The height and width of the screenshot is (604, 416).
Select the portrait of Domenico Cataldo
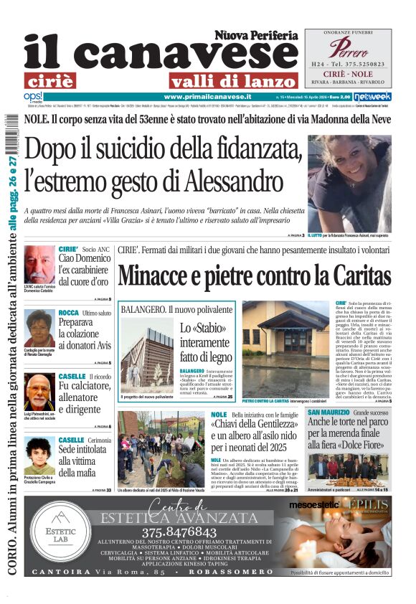coord(39,264)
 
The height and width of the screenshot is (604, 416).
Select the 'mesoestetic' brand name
coord(313,505)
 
